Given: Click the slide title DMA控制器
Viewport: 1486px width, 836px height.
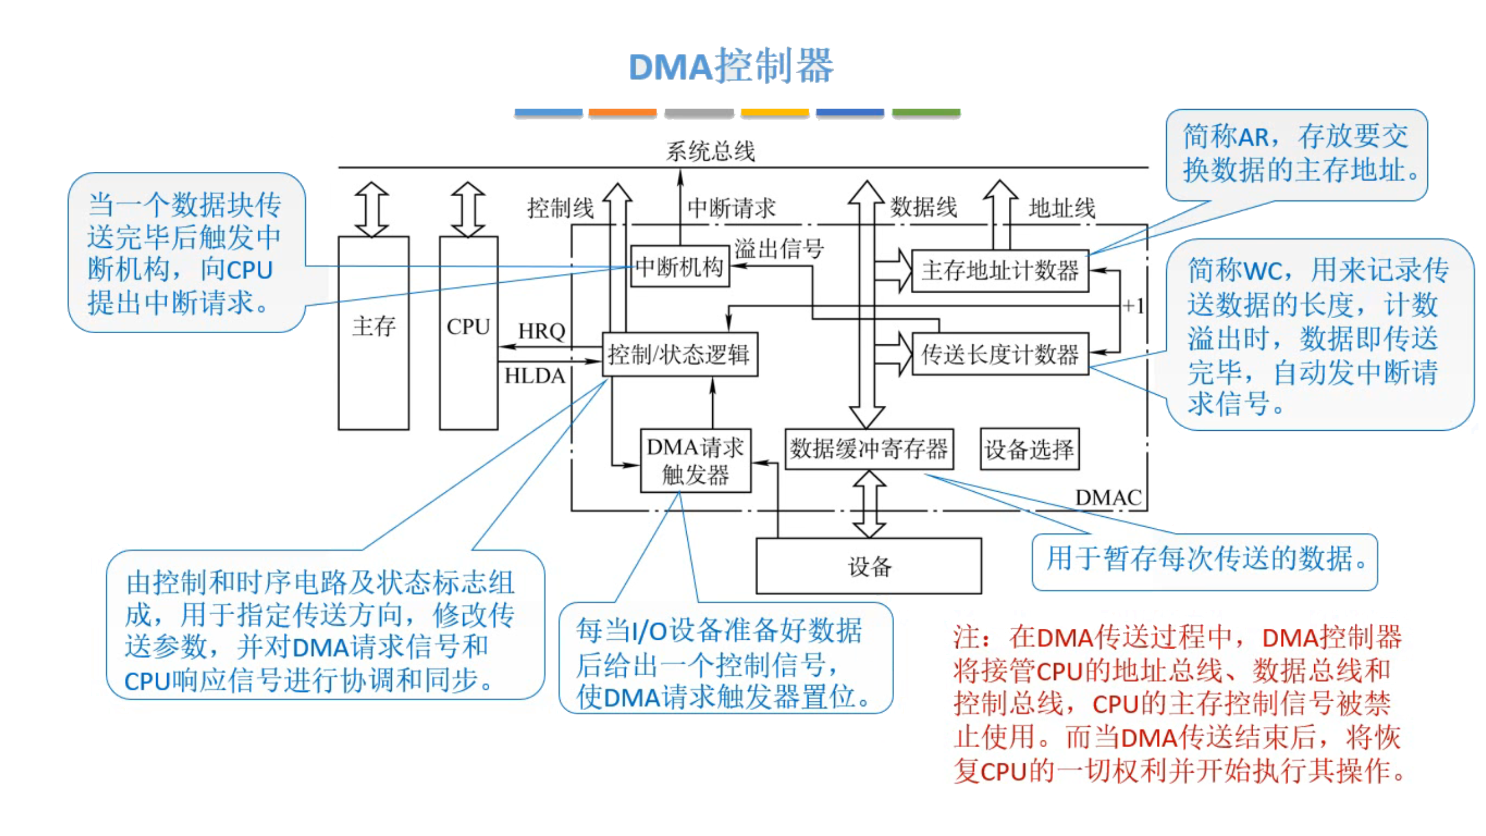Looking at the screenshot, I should click(731, 66).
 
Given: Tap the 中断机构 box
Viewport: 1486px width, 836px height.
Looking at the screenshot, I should click(679, 267).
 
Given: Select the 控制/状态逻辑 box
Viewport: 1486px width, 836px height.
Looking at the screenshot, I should click(679, 354).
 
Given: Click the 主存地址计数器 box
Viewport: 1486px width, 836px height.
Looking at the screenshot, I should click(1000, 271).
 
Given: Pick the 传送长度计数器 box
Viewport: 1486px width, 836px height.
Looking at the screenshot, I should click(1000, 354).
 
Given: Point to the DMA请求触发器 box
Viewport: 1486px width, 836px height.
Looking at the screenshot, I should click(695, 461).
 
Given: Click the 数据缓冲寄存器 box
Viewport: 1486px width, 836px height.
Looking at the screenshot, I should click(868, 449).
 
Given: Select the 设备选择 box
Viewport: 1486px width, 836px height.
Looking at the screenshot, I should click(1029, 449).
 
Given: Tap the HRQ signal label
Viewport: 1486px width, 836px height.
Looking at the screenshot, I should click(541, 331).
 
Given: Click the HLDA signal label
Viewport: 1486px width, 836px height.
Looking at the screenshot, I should click(535, 376).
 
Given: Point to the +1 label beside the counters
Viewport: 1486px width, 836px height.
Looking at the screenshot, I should click(1133, 306).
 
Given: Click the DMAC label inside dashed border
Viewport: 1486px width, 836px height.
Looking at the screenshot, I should click(1108, 498).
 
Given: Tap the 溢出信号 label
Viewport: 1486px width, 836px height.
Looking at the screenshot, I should click(778, 248).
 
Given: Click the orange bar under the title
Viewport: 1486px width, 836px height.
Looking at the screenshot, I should click(622, 113).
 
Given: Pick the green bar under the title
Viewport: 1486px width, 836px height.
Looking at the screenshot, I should click(925, 113).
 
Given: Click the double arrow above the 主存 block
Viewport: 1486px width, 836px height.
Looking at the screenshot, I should click(371, 210).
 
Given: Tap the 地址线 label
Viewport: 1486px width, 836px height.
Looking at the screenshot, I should click(1061, 208).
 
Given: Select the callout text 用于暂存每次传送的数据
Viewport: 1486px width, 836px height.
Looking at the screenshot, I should click(1204, 559).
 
